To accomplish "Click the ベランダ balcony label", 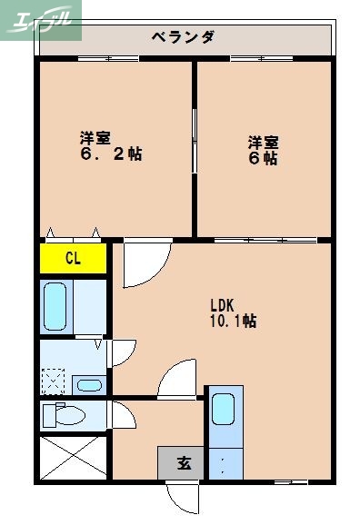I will click(x=183, y=37).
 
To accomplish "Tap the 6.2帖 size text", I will click(x=110, y=154).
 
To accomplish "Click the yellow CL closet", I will click(x=73, y=259).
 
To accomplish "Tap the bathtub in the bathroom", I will click(x=55, y=307).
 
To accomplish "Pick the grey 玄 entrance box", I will click(x=183, y=463).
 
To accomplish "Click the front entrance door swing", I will click(x=182, y=497).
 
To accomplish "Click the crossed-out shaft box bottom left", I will click(x=73, y=458).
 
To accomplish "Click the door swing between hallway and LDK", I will click(x=177, y=380).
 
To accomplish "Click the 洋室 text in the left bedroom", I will click(x=95, y=138).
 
